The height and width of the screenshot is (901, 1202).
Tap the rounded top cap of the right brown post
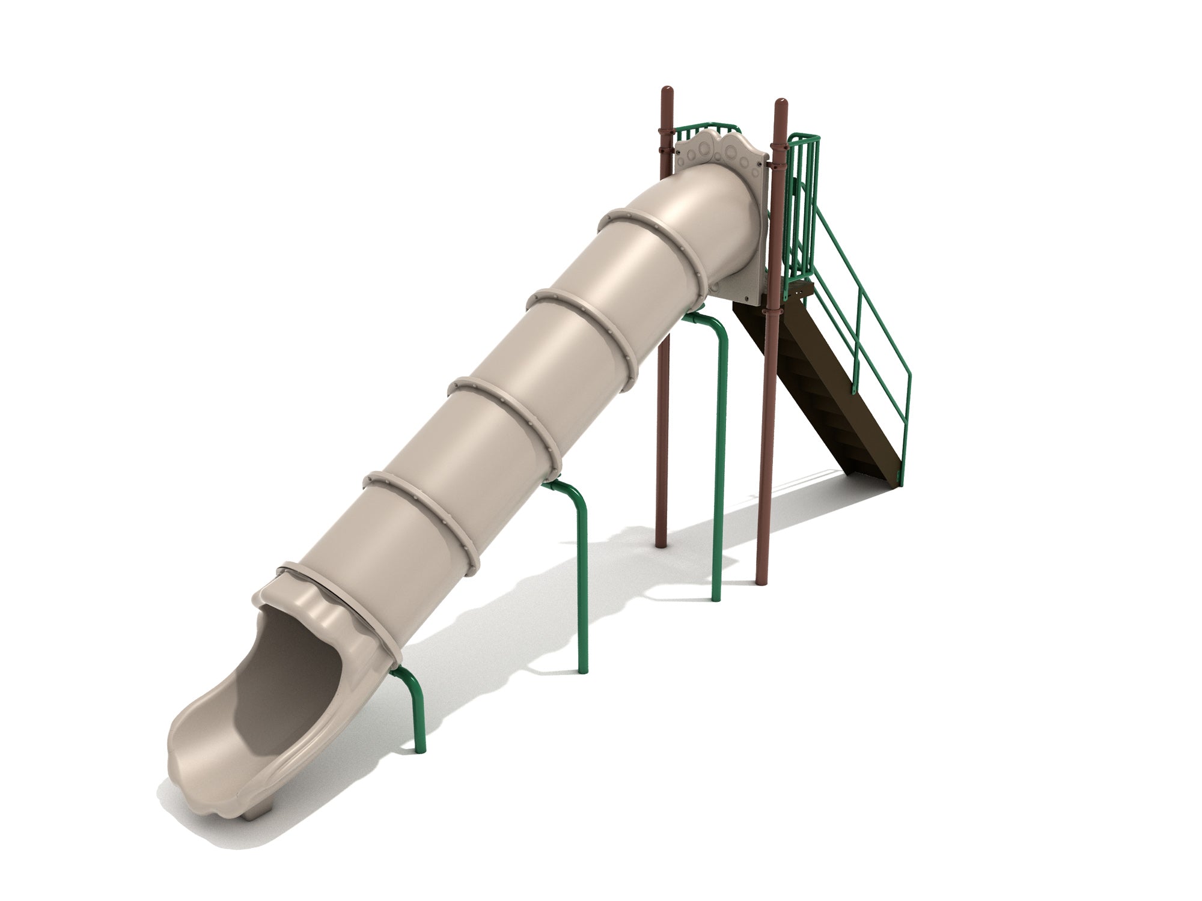click(781, 103)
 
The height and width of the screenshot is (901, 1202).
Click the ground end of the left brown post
click(662, 544)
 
